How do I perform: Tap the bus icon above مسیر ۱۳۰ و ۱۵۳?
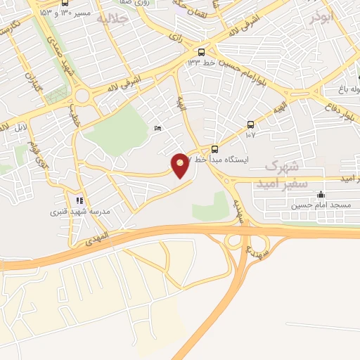65,3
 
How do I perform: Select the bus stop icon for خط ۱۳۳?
202,52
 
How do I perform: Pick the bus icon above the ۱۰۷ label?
251,125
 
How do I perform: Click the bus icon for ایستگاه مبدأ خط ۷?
214,149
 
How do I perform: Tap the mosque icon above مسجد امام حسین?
321,195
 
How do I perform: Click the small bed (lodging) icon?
157,128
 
